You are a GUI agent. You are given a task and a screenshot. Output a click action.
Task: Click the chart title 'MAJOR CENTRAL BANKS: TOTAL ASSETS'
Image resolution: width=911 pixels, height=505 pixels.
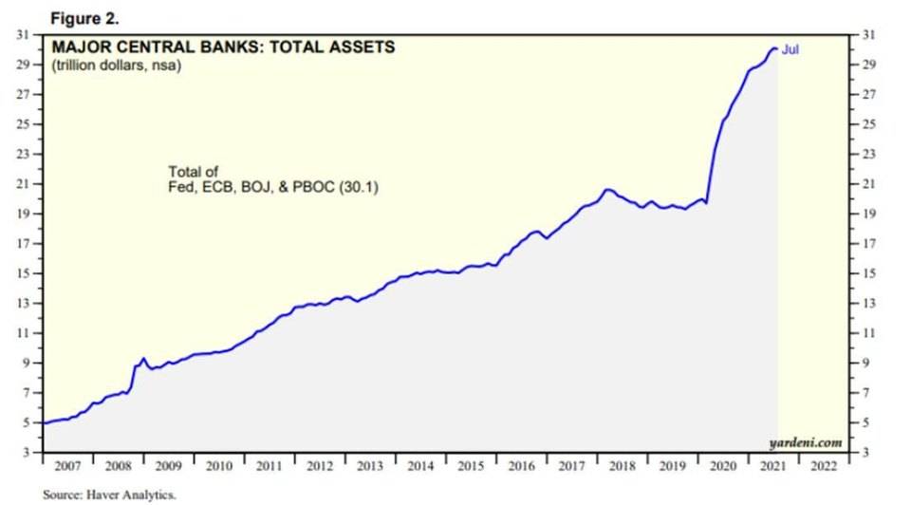tap(223, 47)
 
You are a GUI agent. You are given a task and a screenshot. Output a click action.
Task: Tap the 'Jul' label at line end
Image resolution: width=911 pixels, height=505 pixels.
tap(790, 49)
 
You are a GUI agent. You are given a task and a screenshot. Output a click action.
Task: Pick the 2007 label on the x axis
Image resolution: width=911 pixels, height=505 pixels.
tap(67, 467)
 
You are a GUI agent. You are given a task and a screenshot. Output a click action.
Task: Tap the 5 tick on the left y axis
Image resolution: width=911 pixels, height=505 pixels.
tap(27, 422)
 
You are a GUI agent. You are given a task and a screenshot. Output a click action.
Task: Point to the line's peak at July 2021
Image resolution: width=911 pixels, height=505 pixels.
tap(775, 48)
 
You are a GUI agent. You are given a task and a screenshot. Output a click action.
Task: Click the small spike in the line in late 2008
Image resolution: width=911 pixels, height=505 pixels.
tap(143, 359)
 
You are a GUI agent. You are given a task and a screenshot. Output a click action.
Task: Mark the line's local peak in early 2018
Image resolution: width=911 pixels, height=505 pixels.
tap(608, 190)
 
